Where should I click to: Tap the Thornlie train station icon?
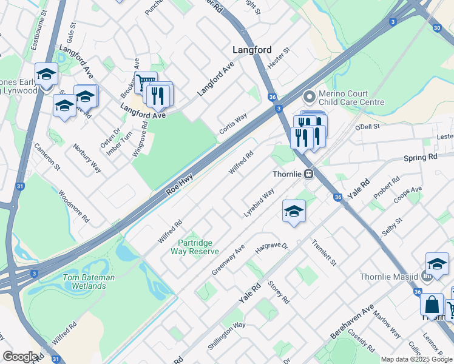pos(309,175)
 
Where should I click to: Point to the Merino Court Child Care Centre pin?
pos(310,96)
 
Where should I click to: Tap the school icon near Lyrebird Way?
pos(294,211)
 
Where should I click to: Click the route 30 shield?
pos(437,28)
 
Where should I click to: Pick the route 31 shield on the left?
pos(20,186)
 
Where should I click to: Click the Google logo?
pos(20,356)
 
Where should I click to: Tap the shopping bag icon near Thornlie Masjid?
pos(432,305)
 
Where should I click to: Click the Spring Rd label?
pos(420,157)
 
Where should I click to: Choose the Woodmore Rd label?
pos(75,206)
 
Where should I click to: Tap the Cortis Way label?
pos(233,124)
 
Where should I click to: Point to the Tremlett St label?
pos(324,252)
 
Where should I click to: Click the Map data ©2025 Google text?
pos(416,359)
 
